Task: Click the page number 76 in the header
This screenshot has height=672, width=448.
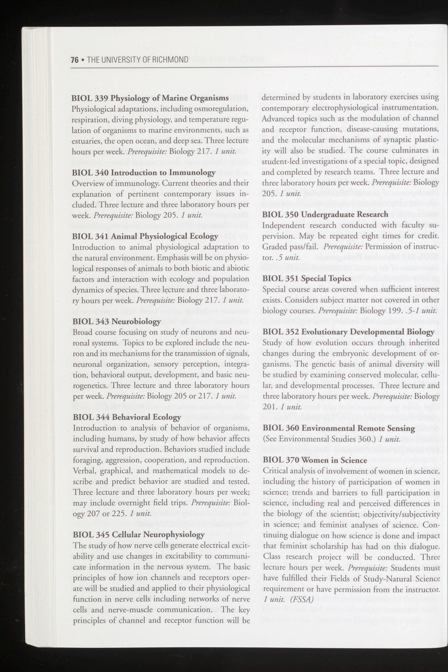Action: [74, 60]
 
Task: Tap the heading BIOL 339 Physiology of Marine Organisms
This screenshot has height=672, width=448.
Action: [150, 98]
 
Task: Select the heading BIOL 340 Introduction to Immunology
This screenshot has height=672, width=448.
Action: [143, 173]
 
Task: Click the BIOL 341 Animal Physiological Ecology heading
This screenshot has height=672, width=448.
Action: [145, 236]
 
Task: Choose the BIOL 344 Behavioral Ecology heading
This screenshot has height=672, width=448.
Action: [127, 417]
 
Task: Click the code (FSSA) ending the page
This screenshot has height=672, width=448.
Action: [300, 591]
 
